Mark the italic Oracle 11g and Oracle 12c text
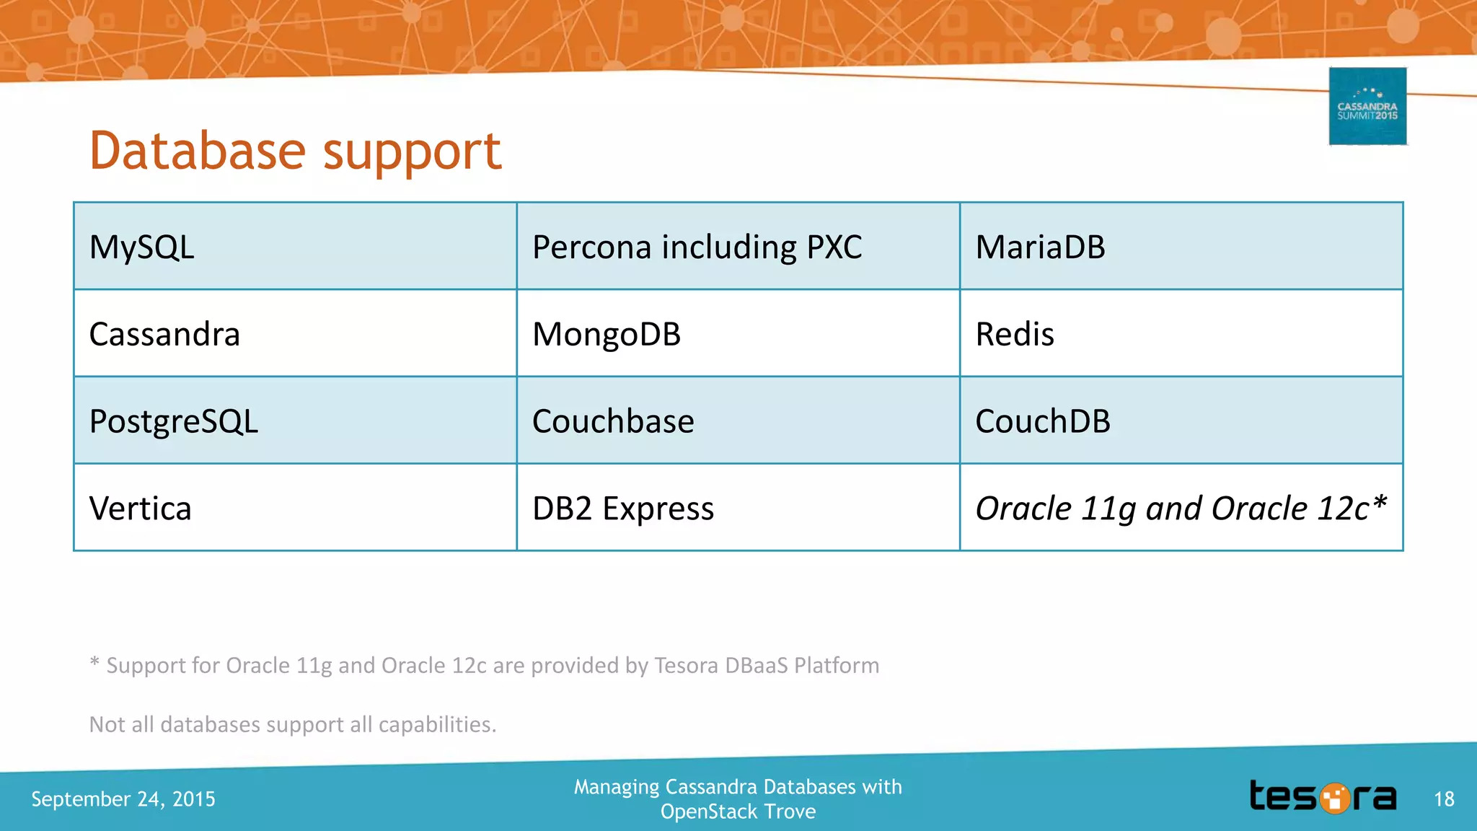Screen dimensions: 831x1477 click(1181, 509)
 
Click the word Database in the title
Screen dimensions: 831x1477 click(198, 151)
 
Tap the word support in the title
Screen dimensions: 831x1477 click(412, 154)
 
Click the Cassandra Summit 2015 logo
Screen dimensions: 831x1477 click(1367, 107)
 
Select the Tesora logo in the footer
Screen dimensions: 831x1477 click(1323, 797)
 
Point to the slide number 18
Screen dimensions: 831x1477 click(1444, 799)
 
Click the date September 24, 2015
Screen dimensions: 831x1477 click(123, 799)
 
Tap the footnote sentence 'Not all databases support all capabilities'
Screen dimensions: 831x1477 click(293, 724)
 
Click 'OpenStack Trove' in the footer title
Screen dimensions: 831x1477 click(738, 812)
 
